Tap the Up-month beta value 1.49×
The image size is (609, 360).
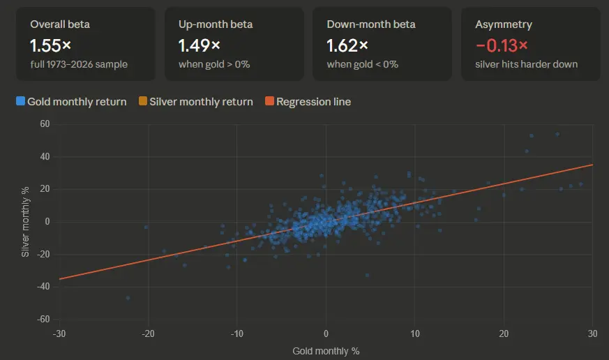(200, 45)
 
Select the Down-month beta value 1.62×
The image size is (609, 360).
(347, 45)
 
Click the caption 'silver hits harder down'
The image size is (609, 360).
(527, 64)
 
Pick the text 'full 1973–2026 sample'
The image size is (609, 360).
(79, 64)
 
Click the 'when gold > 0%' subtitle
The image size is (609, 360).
(214, 64)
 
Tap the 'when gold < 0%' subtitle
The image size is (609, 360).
(362, 64)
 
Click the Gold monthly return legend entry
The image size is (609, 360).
(71, 102)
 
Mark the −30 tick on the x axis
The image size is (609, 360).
(59, 333)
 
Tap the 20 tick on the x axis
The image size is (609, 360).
(504, 333)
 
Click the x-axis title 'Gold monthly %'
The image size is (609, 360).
(326, 350)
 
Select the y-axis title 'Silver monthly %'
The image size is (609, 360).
(25, 222)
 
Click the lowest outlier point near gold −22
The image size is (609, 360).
(128, 298)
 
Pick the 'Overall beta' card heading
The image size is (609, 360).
(60, 24)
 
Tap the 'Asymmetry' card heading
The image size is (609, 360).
(504, 24)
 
